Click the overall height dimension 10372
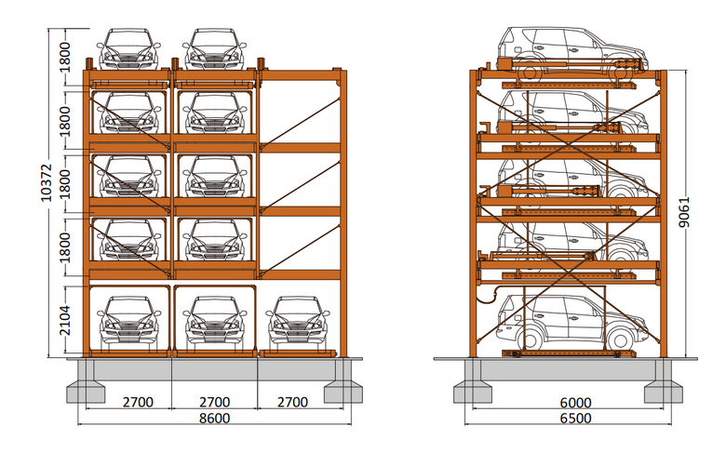click(x=47, y=182)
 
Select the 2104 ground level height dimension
click(x=65, y=320)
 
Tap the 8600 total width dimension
click(x=214, y=419)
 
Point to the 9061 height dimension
click(x=684, y=212)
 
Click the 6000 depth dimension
click(x=575, y=403)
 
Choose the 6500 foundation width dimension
click(x=575, y=419)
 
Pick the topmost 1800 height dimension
click(x=65, y=58)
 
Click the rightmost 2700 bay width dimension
click(x=292, y=402)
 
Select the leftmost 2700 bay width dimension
click(x=138, y=402)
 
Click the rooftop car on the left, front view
click(x=128, y=49)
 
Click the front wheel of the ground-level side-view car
click(x=621, y=339)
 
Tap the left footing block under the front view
click(x=87, y=392)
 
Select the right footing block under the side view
click(x=663, y=392)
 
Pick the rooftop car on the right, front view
click(x=214, y=49)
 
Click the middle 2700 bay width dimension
click(x=214, y=402)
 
